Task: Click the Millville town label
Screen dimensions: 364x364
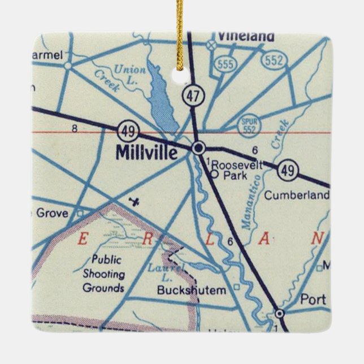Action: click(x=146, y=151)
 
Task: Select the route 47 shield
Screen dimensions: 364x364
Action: click(x=193, y=96)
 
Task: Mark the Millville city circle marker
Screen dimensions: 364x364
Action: click(x=198, y=148)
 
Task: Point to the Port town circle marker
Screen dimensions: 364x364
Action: click(x=279, y=313)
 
